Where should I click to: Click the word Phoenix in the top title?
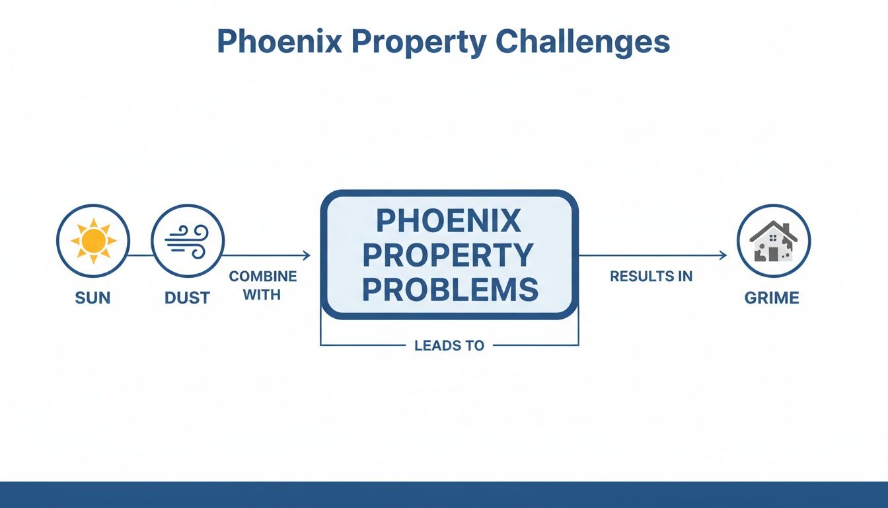(x=279, y=42)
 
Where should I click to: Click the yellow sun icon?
(x=93, y=240)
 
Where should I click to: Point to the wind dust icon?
(x=188, y=240)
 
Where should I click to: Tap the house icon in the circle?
(x=773, y=241)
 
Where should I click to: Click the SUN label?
(x=93, y=298)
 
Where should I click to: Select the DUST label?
(x=187, y=298)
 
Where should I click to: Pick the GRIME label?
(x=772, y=298)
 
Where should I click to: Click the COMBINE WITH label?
(x=263, y=285)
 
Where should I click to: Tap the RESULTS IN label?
(x=651, y=276)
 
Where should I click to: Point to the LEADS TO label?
(x=449, y=345)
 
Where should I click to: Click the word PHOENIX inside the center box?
(x=449, y=222)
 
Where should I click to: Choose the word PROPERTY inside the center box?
(x=449, y=255)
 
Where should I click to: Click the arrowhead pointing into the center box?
(x=307, y=255)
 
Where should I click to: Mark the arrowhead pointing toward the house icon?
(x=723, y=255)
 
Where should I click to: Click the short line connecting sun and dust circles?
(x=140, y=255)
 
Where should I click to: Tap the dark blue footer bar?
(x=444, y=495)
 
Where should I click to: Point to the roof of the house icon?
(x=773, y=228)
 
